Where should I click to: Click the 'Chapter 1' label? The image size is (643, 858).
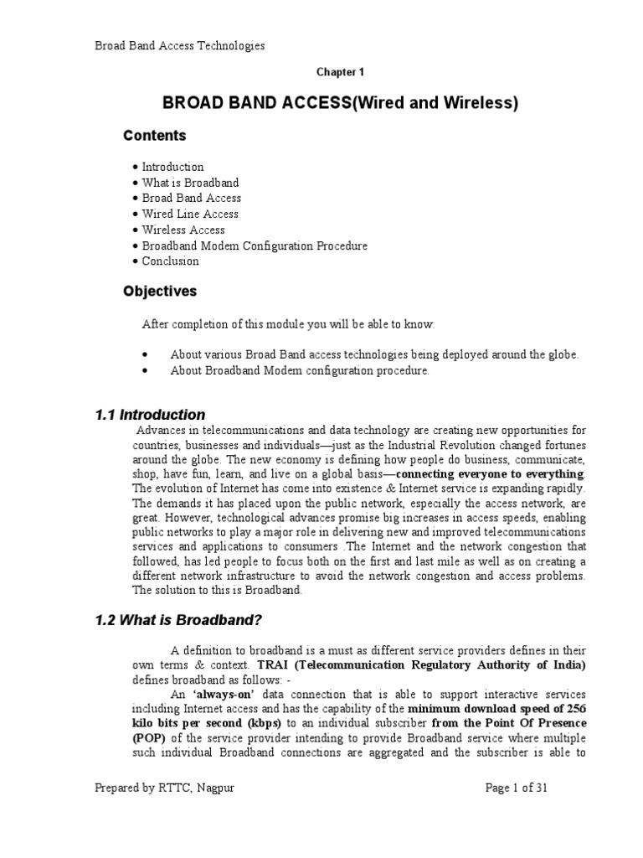point(340,73)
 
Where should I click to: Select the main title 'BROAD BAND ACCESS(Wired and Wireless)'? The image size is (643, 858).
point(340,103)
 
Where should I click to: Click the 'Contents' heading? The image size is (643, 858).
point(155,136)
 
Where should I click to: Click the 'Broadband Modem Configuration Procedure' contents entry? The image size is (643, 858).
point(255,246)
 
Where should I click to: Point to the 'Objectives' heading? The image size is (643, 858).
point(160,292)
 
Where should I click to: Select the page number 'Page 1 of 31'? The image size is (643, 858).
point(517,788)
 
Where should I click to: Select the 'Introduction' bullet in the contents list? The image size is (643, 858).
point(172,167)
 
